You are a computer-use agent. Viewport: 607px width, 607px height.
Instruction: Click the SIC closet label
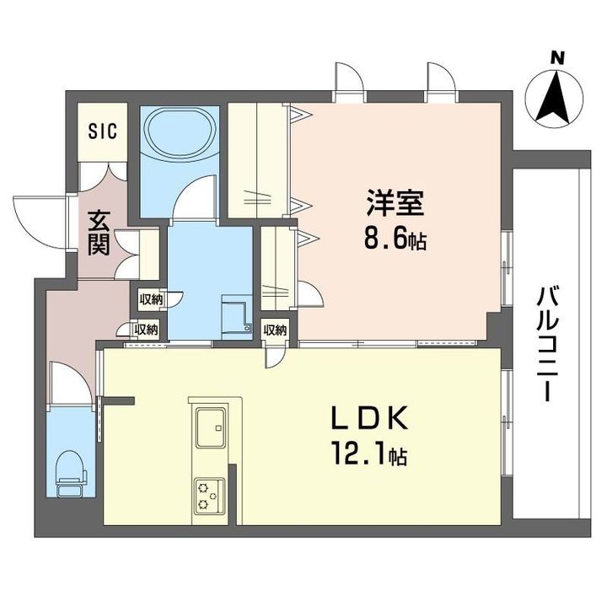(x=103, y=131)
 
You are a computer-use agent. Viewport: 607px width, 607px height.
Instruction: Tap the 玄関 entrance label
(x=99, y=234)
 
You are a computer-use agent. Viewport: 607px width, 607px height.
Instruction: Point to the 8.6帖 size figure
(x=395, y=239)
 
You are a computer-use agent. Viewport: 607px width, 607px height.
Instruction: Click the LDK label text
(x=370, y=417)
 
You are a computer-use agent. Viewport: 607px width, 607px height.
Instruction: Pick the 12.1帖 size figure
(x=368, y=455)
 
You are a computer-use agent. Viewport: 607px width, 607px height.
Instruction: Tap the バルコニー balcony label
(x=545, y=344)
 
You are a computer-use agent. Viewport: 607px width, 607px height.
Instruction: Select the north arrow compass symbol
(x=554, y=98)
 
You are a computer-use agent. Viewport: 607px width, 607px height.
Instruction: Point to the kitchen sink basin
(x=211, y=427)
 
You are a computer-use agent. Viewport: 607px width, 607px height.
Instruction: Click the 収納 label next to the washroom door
(x=151, y=298)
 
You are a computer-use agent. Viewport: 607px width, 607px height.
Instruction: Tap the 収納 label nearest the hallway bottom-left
(x=146, y=330)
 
